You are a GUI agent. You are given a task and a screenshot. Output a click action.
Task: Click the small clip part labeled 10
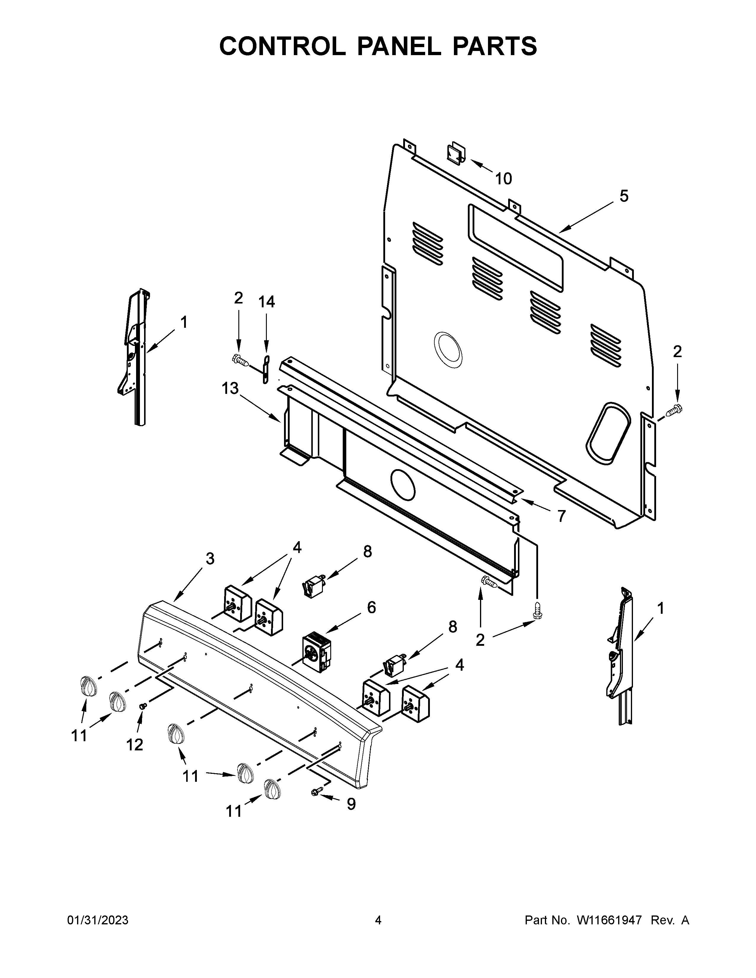pos(455,153)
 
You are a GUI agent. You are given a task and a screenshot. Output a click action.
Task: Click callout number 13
pos(230,388)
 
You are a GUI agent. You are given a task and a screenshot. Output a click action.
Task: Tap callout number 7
pos(561,516)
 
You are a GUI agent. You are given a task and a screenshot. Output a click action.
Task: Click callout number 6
pos(371,607)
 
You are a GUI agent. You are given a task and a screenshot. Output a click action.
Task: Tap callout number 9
pos(351,804)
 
